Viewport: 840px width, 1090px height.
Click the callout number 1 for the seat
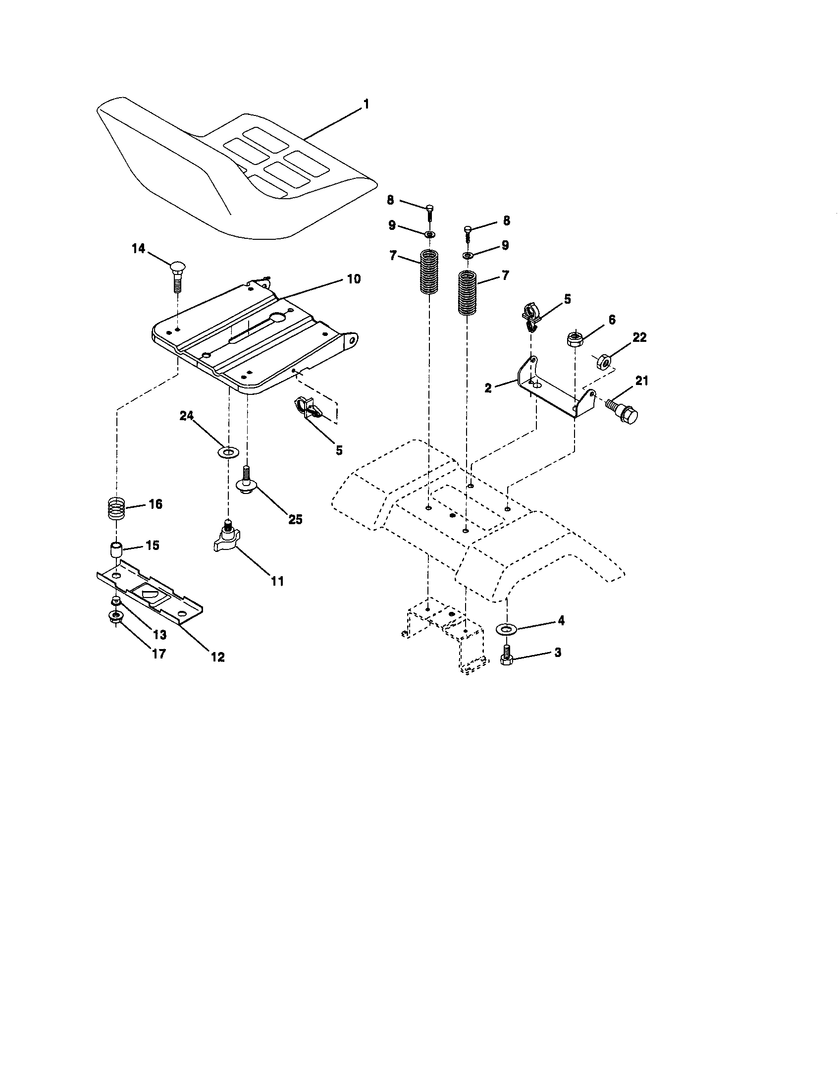(366, 105)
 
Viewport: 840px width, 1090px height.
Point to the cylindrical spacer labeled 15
(117, 552)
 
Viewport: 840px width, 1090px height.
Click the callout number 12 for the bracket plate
(217, 657)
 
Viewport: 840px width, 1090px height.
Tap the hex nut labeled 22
(603, 360)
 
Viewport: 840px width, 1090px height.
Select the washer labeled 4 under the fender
(507, 628)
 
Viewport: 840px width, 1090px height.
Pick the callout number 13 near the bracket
(159, 635)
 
